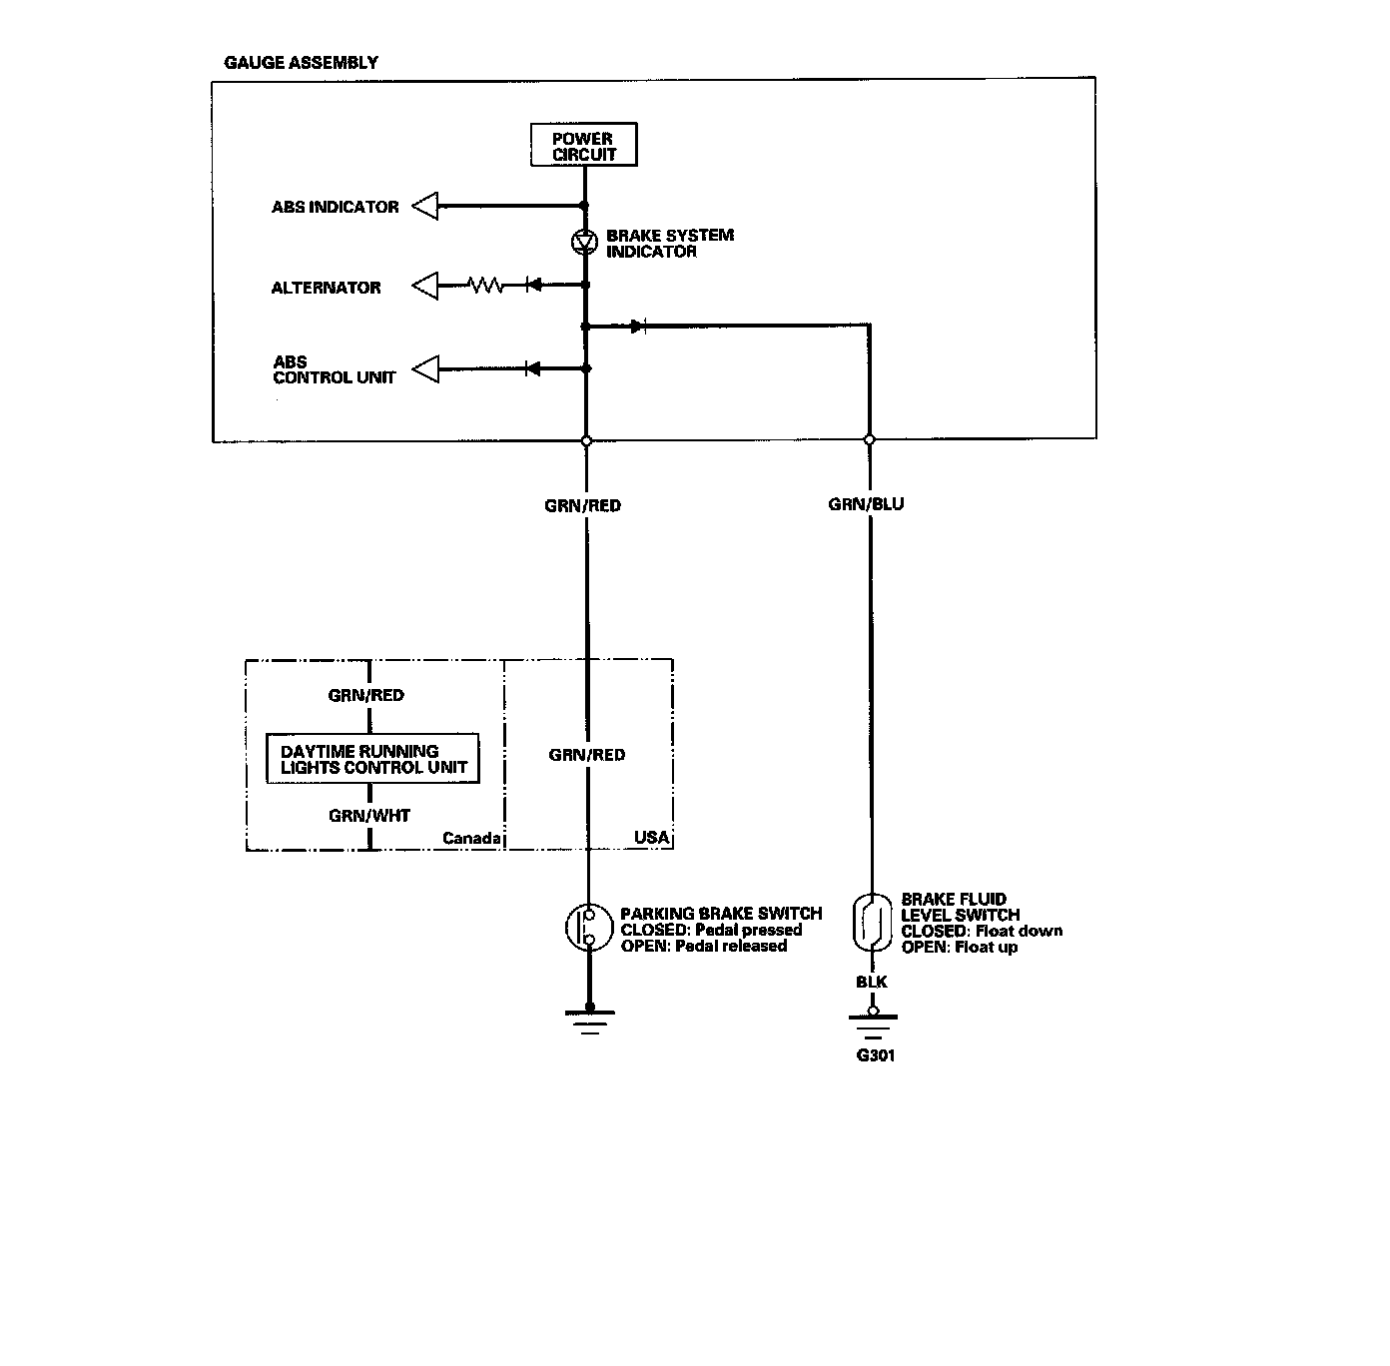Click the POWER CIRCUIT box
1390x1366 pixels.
[x=582, y=146]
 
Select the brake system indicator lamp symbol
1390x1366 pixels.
[x=585, y=243]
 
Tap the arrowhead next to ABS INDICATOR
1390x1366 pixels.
[x=426, y=207]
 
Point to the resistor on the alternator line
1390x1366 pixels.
[x=486, y=286]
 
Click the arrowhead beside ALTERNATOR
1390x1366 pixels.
[x=426, y=287]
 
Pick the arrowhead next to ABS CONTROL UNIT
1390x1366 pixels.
[x=426, y=369]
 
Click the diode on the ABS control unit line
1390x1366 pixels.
[x=532, y=369]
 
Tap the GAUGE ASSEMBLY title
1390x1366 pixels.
[x=301, y=63]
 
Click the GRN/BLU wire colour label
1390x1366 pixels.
[x=866, y=504]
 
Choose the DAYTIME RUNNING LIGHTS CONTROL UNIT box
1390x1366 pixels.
[x=372, y=759]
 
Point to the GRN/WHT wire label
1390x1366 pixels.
[x=369, y=816]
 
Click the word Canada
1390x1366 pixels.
[x=471, y=838]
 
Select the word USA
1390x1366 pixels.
[x=652, y=837]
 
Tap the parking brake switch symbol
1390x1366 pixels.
[x=588, y=928]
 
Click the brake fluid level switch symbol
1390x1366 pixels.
[x=871, y=922]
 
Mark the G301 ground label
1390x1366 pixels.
[x=876, y=1055]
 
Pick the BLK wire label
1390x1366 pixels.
[x=871, y=982]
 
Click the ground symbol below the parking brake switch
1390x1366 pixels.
[x=589, y=1021]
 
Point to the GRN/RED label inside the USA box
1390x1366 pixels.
[x=587, y=755]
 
